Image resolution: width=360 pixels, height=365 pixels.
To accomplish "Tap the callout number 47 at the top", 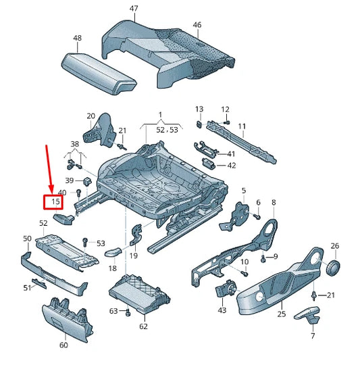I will [134, 8].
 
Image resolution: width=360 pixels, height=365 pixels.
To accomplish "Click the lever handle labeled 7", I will [309, 314].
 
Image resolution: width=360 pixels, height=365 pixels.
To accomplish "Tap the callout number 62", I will [143, 326].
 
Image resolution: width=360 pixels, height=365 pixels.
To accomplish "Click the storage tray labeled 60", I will [65, 318].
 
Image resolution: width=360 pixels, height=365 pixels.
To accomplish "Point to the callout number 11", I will [242, 126].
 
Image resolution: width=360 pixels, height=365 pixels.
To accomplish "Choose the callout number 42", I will [232, 165].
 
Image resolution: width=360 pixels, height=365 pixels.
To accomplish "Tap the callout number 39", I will [70, 181].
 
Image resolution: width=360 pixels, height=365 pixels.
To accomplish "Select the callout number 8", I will [274, 202].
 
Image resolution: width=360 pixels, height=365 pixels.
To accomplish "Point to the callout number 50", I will [27, 239].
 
